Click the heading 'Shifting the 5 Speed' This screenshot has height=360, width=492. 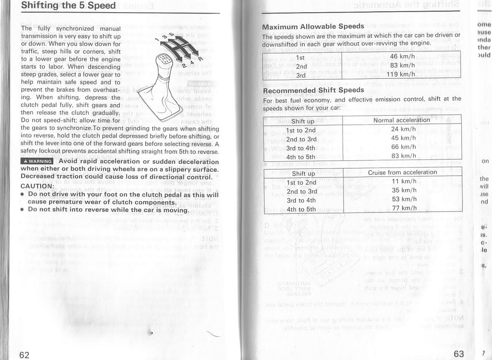click(69, 6)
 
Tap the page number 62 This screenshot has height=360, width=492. click(25, 355)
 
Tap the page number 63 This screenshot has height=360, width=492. click(459, 354)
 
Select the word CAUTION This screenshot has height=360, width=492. click(38, 185)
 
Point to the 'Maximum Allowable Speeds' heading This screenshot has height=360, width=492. click(313, 26)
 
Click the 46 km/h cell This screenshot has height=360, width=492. click(402, 57)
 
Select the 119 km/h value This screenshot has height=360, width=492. click(401, 74)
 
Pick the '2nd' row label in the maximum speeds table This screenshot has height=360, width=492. click(301, 66)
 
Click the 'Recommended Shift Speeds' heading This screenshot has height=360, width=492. click(313, 90)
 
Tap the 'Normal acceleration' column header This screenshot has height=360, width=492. click(401, 120)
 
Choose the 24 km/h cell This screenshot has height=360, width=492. click(401, 129)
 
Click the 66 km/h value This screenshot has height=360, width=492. click(401, 147)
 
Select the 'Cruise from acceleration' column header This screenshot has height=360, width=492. click(402, 172)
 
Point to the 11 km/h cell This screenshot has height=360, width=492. click(402, 181)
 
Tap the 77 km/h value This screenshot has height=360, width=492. click(401, 208)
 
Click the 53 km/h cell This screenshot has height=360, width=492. click(401, 199)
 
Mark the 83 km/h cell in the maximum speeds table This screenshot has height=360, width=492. click(401, 66)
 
